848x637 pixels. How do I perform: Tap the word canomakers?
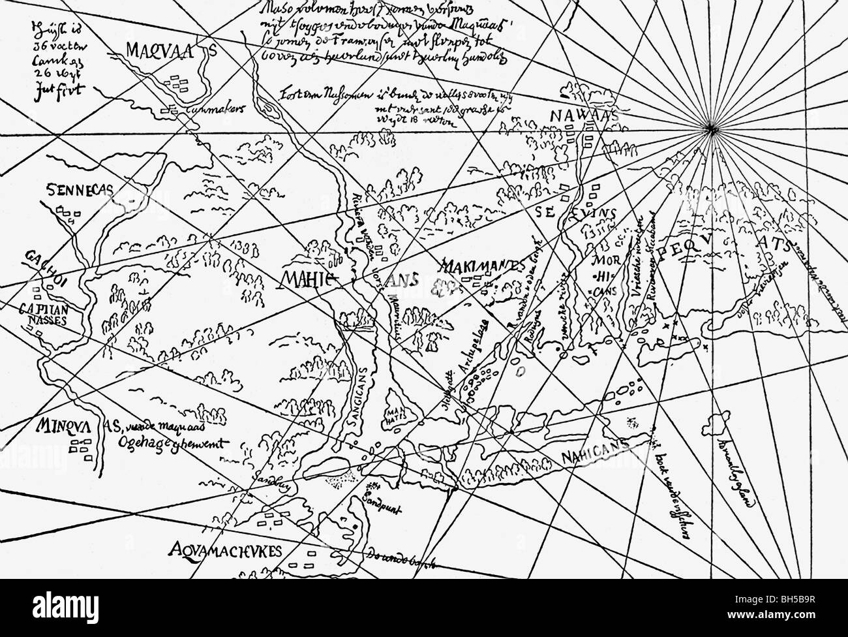click(x=213, y=111)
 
